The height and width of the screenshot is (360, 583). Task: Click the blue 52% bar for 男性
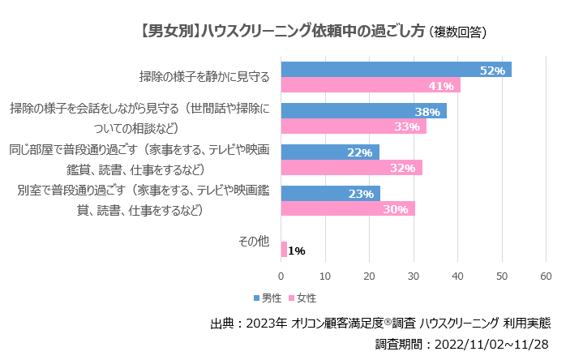pos(396,70)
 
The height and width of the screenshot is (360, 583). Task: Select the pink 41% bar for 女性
pos(370,85)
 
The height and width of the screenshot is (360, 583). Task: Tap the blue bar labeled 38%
pos(362,111)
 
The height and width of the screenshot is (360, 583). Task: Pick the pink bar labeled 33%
pos(353,126)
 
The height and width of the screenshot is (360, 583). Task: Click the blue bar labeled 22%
pos(329,152)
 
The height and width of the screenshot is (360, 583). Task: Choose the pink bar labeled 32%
pos(351,168)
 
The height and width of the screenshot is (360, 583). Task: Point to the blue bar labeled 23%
pos(330,194)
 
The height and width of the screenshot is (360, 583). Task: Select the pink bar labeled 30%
pos(347,208)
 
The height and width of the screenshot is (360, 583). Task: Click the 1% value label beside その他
pos(297,251)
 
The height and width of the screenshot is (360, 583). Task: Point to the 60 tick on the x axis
pos(546,276)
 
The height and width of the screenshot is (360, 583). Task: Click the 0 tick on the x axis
pos(281,276)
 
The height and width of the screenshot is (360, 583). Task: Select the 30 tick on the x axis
pos(414,276)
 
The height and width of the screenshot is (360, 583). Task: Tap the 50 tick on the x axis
pos(502,276)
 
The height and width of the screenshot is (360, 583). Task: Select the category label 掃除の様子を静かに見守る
pos(204,78)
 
